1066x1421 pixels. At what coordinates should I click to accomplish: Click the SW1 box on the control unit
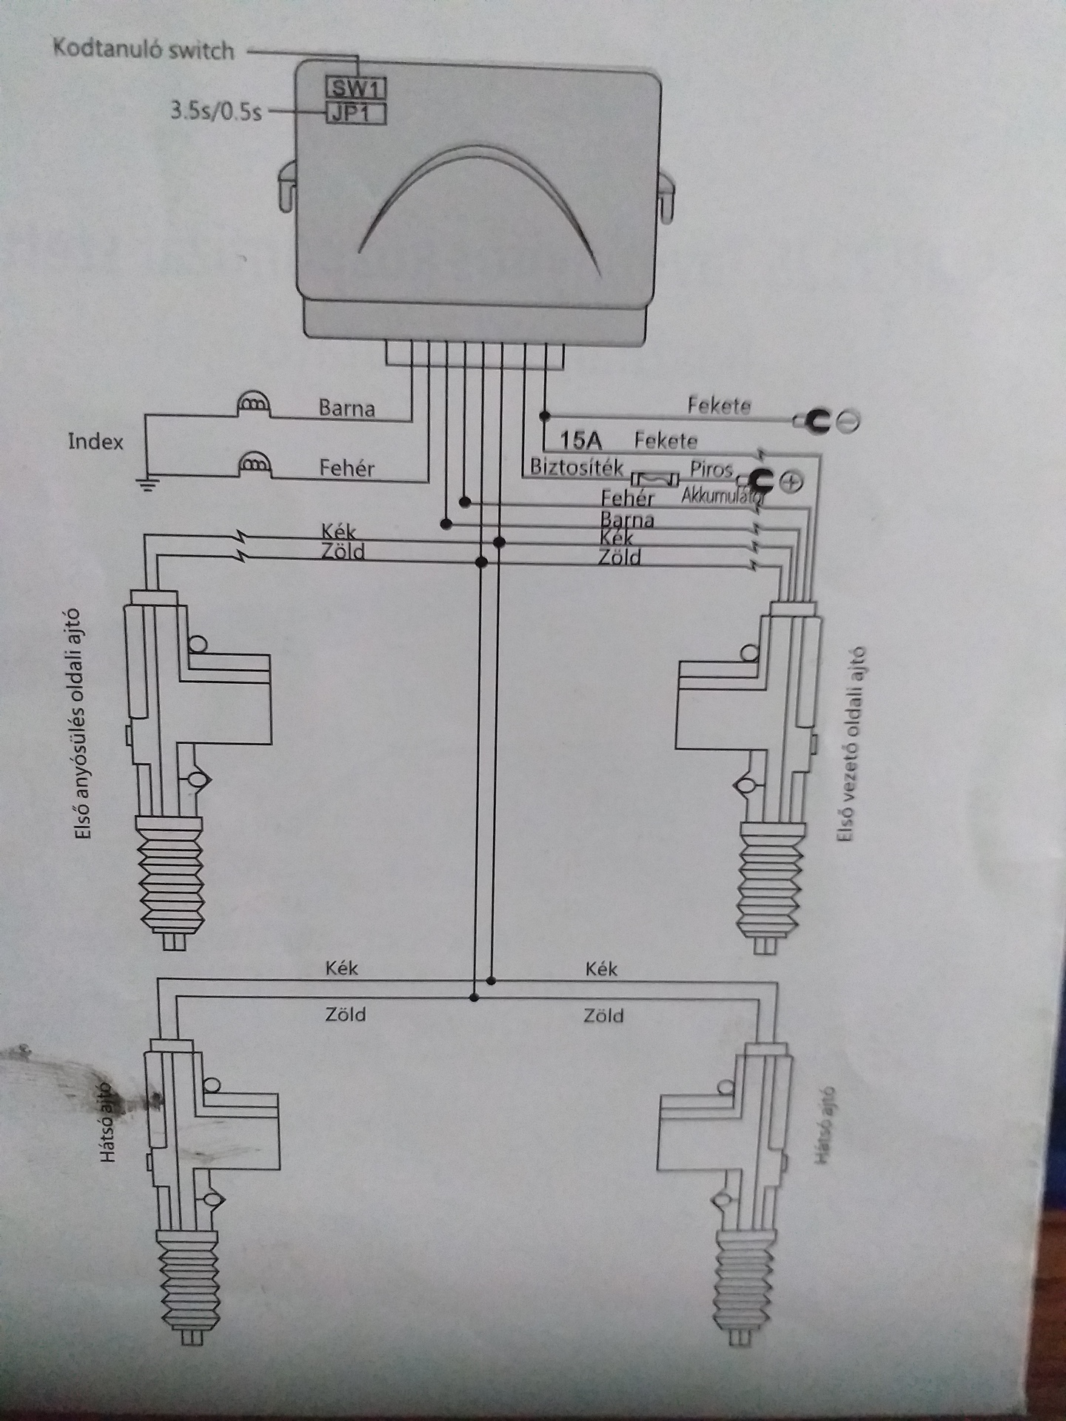356,89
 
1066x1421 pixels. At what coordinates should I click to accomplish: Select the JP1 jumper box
356,114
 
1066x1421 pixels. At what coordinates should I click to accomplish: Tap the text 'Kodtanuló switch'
144,50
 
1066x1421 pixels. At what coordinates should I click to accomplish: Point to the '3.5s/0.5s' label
216,112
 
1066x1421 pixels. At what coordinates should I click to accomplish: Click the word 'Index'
95,442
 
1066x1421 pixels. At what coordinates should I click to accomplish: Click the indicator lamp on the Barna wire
253,405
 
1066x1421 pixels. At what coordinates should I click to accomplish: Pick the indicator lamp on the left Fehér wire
253,464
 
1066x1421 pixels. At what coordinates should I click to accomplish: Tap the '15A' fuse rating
581,441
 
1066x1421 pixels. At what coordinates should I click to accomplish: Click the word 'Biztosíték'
577,468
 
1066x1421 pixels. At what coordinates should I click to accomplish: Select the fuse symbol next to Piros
654,481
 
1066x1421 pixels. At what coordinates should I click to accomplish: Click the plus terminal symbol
791,482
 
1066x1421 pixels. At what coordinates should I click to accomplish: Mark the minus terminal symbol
849,421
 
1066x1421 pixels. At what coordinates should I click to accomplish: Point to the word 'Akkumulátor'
722,494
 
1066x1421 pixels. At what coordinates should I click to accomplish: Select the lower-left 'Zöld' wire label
346,1014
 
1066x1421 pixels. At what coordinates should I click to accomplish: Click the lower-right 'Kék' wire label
601,969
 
